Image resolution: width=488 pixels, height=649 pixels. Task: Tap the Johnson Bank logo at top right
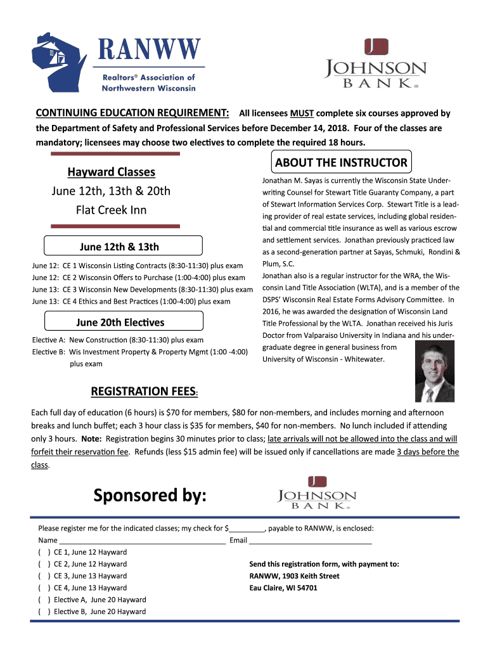(376, 65)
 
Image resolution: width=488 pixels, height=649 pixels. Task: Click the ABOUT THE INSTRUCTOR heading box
(341, 162)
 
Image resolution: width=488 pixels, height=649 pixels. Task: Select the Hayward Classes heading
(111, 172)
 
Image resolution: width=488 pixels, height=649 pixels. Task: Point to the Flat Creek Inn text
(111, 210)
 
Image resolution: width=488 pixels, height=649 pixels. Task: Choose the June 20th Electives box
(120, 323)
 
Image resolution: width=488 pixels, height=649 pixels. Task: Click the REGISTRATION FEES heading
(145, 392)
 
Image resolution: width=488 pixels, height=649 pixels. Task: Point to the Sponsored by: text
(150, 496)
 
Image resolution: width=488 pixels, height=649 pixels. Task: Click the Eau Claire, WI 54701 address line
(283, 588)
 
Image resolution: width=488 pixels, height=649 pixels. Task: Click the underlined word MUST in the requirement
(302, 113)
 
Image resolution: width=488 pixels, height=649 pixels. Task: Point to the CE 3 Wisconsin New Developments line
(143, 290)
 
